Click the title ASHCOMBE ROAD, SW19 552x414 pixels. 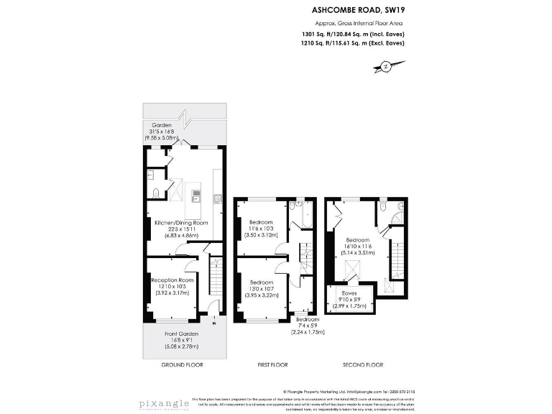[354, 10]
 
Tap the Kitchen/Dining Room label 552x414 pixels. [181, 223]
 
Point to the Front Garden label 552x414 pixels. [181, 334]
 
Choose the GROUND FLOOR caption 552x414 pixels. [183, 365]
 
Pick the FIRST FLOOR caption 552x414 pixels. [274, 365]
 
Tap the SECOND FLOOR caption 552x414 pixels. [364, 365]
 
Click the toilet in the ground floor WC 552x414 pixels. [156, 192]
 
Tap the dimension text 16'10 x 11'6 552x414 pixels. [357, 246]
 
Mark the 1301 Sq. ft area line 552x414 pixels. [353, 33]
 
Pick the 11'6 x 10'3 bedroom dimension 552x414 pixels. [261, 229]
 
